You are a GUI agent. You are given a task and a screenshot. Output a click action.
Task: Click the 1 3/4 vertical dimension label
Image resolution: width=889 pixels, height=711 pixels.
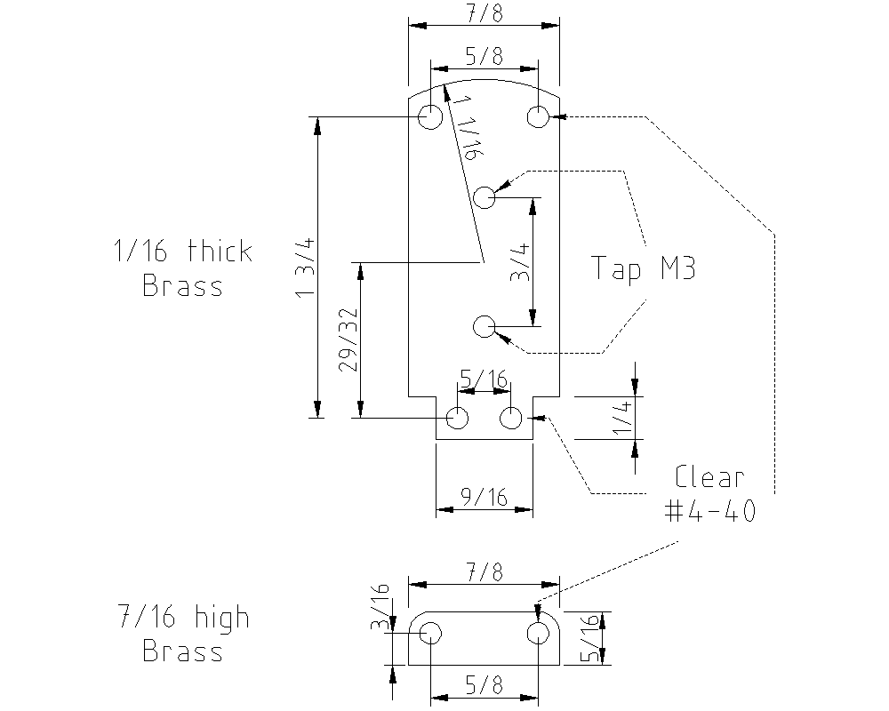click(305, 267)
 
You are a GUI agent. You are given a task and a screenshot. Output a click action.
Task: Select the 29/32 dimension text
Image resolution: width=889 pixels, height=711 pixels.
click(348, 340)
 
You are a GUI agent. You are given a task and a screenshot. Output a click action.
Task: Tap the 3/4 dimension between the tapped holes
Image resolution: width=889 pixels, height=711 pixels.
click(520, 262)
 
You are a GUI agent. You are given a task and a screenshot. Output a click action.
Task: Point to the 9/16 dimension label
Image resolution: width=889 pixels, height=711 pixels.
click(484, 497)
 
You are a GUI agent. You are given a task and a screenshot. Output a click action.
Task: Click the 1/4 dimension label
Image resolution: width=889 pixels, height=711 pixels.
click(622, 417)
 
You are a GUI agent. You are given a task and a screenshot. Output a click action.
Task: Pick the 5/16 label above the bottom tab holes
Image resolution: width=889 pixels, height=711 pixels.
click(484, 379)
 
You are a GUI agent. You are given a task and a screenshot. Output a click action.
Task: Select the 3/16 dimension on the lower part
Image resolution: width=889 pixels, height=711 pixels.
click(380, 607)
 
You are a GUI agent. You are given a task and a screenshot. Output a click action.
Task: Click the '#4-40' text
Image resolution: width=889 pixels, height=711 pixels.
click(709, 511)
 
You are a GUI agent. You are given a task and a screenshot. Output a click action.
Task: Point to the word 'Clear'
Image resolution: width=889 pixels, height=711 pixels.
click(709, 477)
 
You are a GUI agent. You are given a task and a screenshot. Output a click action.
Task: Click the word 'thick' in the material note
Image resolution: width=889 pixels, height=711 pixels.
click(220, 251)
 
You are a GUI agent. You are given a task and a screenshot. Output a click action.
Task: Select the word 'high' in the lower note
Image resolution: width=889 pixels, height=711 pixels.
click(221, 618)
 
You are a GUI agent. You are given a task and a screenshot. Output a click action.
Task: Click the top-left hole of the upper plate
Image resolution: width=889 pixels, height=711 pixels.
click(430, 116)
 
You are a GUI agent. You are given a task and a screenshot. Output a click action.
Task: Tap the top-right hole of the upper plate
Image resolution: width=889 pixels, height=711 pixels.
click(538, 116)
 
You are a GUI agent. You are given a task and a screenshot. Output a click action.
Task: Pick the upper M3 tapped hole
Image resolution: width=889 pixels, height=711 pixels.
click(485, 197)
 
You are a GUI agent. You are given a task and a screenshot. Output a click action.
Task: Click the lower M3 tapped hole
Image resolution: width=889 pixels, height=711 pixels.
click(485, 326)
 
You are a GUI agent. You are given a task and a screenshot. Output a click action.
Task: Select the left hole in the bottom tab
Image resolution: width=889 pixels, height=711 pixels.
click(458, 419)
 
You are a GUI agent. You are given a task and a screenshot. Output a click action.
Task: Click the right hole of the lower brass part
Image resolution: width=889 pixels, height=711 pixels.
click(538, 633)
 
